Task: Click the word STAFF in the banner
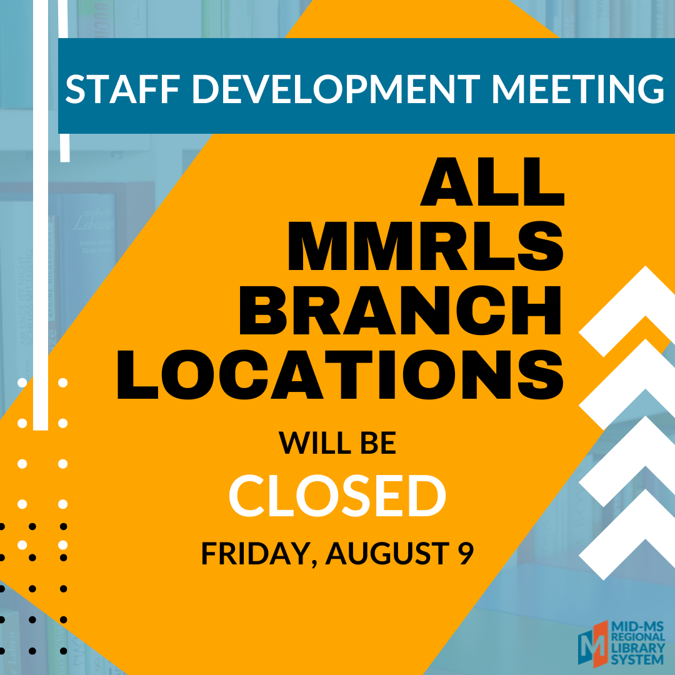click(x=122, y=89)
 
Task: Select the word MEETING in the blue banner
click(x=578, y=89)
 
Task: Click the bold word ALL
click(x=492, y=181)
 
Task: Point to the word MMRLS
click(x=426, y=246)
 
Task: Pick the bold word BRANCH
click(x=401, y=310)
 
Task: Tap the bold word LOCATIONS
click(x=340, y=374)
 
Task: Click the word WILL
click(x=315, y=442)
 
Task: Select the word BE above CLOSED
click(x=378, y=442)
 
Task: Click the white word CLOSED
click(x=337, y=496)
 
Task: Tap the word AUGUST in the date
click(x=388, y=553)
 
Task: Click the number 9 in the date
click(x=466, y=553)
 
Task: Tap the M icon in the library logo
click(x=592, y=644)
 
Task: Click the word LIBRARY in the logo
click(x=638, y=648)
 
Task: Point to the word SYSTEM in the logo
click(x=637, y=659)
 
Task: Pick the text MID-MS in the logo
click(x=638, y=626)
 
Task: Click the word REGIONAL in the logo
click(x=638, y=637)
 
